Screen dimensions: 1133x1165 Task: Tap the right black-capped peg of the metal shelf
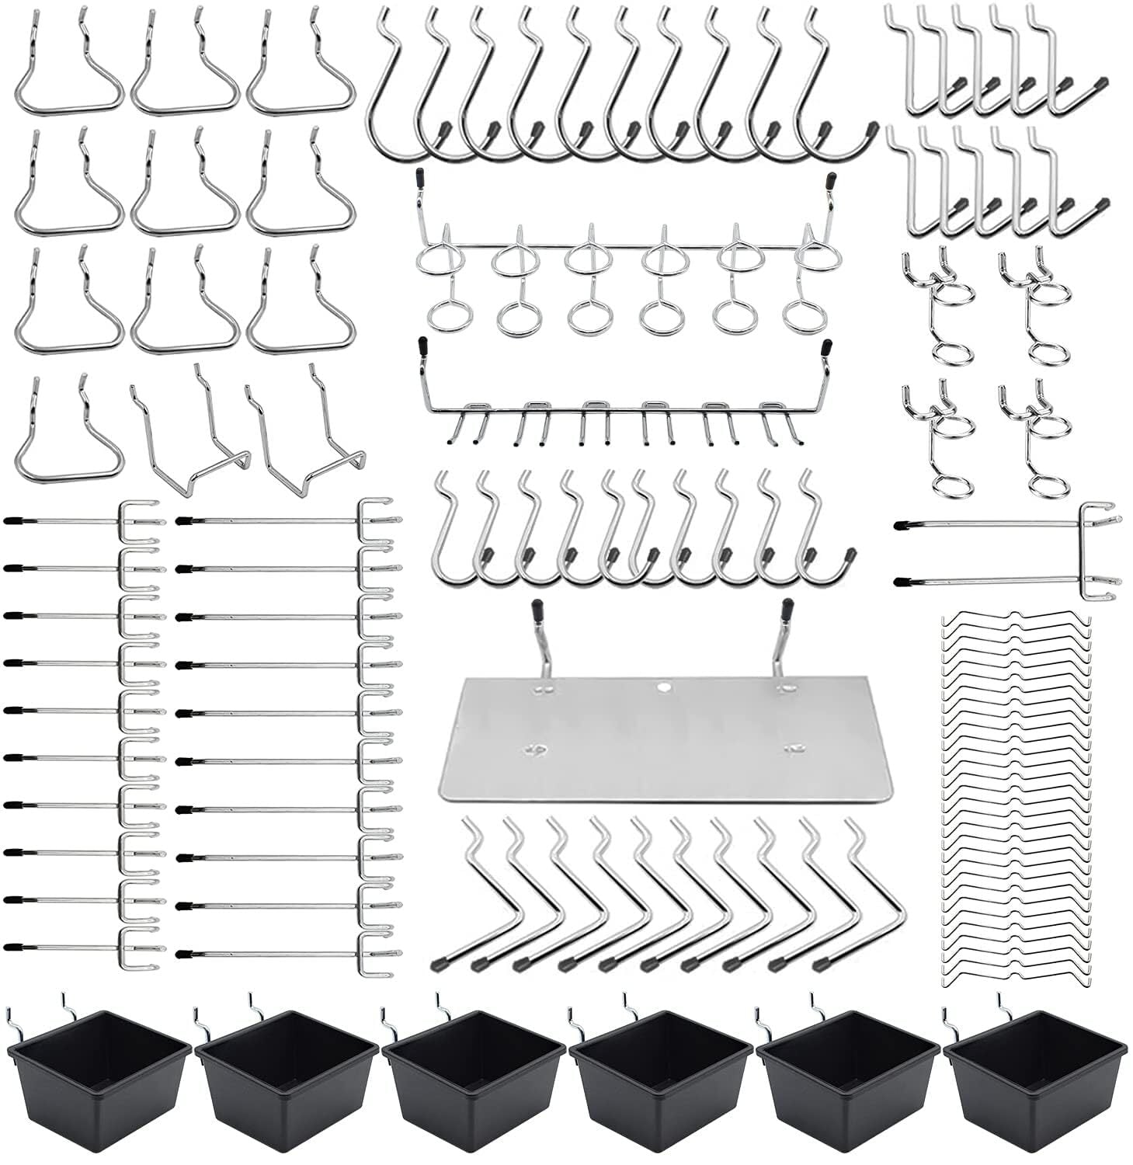pos(787,608)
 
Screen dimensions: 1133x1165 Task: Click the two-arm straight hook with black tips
pos(1010,553)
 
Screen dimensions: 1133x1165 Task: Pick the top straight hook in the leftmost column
pos(85,522)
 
